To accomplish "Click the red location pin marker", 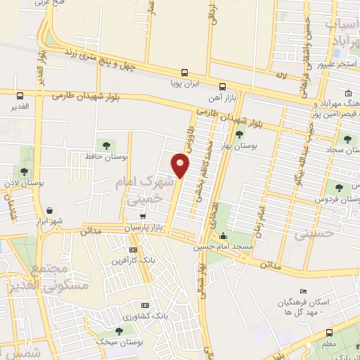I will tap(181, 165).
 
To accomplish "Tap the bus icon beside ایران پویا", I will tap(184, 72).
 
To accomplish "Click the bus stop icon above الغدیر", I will tap(19, 96).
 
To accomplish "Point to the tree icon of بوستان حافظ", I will tap(106, 146).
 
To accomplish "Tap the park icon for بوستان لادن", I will tap(24, 172).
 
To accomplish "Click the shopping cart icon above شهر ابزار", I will tap(50, 210).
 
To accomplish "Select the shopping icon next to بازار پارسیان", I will tap(143, 217).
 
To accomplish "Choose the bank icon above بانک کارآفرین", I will tap(134, 250).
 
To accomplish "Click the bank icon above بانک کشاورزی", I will tap(146, 306).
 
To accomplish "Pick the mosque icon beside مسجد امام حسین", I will tap(224, 236).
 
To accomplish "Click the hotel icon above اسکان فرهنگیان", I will tap(303, 292).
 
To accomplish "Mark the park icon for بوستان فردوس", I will tap(340, 186).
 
